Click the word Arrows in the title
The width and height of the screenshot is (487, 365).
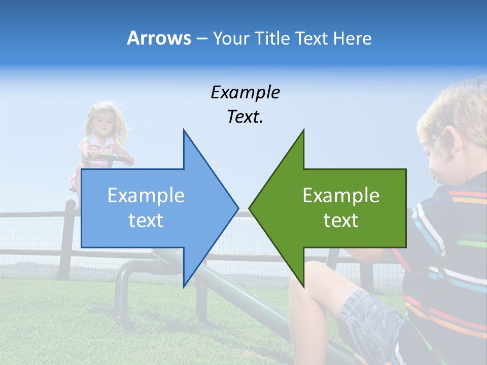tap(159, 38)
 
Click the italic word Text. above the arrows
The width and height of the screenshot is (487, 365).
tap(245, 117)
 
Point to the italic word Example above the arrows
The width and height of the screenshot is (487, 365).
tap(245, 93)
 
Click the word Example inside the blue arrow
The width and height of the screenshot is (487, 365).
tap(146, 196)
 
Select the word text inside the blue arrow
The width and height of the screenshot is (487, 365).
tap(146, 221)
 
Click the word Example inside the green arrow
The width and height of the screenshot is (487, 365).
tap(341, 196)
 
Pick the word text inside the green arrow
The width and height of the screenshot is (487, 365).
tap(341, 221)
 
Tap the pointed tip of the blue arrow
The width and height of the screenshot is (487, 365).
tap(237, 207)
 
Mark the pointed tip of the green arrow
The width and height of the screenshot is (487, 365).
tap(250, 207)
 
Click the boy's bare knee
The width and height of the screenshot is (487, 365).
tap(309, 284)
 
